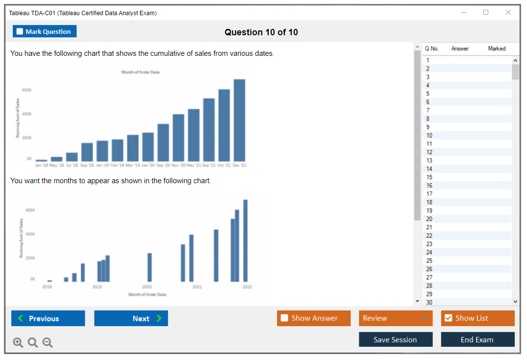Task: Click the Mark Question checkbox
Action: pyautogui.click(x=20, y=31)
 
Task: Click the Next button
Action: pyautogui.click(x=131, y=318)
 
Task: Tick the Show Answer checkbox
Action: pyautogui.click(x=284, y=318)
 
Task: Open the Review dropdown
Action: pyautogui.click(x=396, y=318)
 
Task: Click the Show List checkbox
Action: pyautogui.click(x=448, y=318)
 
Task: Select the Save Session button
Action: pyautogui.click(x=395, y=339)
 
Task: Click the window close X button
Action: pyautogui.click(x=508, y=13)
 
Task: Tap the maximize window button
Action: pyautogui.click(x=486, y=13)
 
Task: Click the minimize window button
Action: pyautogui.click(x=464, y=13)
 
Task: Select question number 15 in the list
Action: pyautogui.click(x=429, y=177)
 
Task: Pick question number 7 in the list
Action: pyautogui.click(x=428, y=111)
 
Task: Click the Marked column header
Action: pyautogui.click(x=497, y=48)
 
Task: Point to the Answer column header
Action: pyautogui.click(x=460, y=48)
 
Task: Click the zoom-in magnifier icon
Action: pyautogui.click(x=18, y=343)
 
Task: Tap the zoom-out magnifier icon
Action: pyautogui.click(x=48, y=343)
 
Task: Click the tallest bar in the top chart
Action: pyautogui.click(x=239, y=120)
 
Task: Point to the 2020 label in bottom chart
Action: pyautogui.click(x=147, y=287)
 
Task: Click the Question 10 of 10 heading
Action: pyautogui.click(x=261, y=32)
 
